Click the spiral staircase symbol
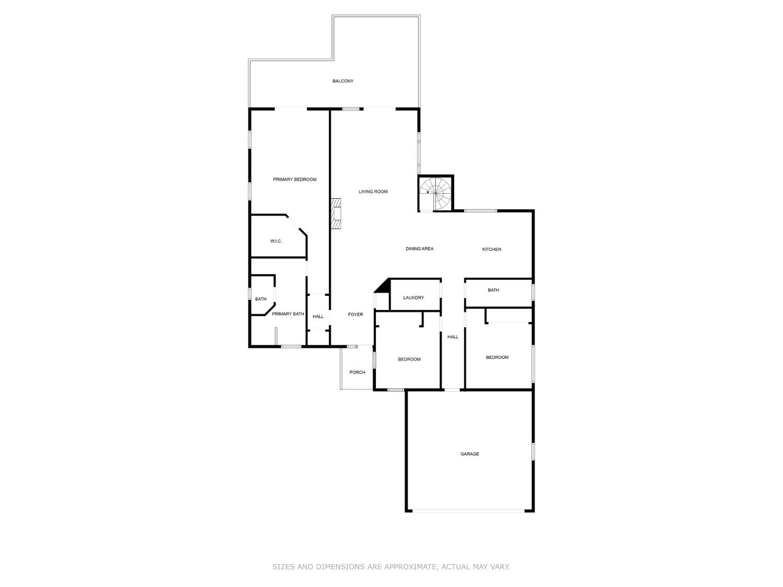pos(436,193)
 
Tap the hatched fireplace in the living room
pos(336,213)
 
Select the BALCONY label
pos(343,81)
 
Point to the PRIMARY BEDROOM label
pos(294,179)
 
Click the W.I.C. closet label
pos(276,241)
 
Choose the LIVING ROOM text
pos(373,191)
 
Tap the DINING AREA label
pos(420,249)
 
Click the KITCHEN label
pos(491,249)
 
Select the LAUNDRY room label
pos(413,297)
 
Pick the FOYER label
pos(355,315)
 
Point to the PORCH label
pos(357,373)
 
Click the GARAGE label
pos(469,454)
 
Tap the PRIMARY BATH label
pos(288,314)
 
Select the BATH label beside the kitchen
pos(493,290)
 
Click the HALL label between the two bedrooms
pos(453,337)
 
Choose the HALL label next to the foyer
pos(318,317)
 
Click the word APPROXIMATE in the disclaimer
pos(409,567)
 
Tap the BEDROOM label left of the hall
pos(409,360)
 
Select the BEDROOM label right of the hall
pos(497,357)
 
